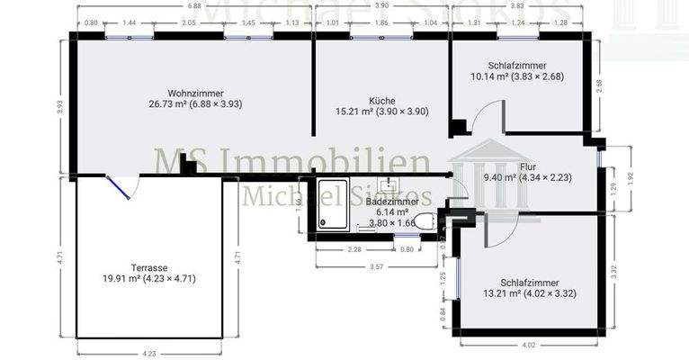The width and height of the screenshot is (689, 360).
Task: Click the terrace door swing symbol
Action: coord(121,187)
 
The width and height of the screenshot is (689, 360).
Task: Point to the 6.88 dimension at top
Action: coord(194,6)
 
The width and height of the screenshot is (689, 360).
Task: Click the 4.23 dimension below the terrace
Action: coord(148,353)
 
